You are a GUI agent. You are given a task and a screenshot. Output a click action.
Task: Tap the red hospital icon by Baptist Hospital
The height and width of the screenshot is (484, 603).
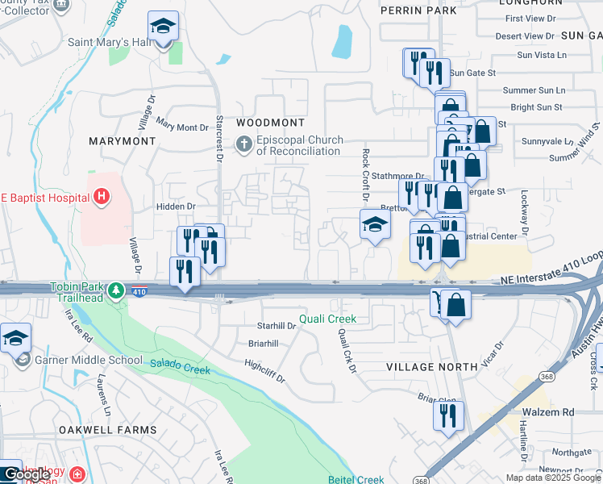point(101,195)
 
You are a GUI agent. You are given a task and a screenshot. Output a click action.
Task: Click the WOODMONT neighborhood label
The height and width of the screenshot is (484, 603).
point(271,123)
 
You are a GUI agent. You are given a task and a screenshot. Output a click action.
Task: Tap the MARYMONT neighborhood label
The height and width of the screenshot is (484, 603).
point(123,140)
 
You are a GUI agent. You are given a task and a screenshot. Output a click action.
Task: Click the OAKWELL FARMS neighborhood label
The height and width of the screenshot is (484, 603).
point(107,430)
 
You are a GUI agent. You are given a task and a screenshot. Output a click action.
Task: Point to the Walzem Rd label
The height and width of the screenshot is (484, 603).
point(546,411)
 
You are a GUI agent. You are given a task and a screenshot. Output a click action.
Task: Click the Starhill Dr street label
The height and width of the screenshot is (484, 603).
point(277,326)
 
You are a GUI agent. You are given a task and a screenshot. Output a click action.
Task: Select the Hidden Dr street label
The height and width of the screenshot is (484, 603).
point(176,207)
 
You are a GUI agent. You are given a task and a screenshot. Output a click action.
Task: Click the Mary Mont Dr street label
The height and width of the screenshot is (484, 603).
point(182,126)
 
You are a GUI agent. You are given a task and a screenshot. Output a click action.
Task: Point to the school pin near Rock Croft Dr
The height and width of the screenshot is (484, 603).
point(374,224)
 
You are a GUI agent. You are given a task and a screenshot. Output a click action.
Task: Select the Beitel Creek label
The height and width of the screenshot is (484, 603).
point(356,479)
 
